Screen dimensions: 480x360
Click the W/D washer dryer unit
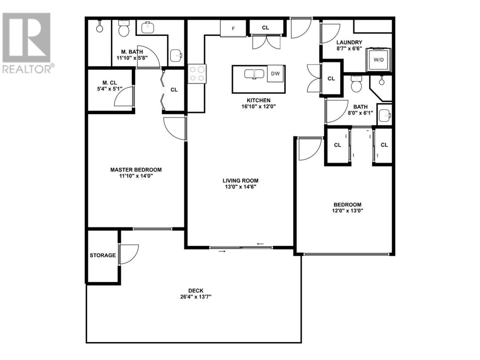click(378, 60)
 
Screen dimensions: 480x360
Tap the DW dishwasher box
click(275, 73)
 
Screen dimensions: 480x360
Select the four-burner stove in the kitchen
click(197, 73)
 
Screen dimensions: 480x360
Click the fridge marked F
click(233, 28)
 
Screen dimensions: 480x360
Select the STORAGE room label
click(102, 255)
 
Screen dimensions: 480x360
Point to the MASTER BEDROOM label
click(136, 169)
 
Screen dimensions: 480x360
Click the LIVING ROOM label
click(240, 180)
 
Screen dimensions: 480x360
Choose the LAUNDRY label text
click(349, 42)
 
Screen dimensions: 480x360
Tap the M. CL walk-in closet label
click(109, 82)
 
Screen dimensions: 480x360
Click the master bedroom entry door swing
click(175, 129)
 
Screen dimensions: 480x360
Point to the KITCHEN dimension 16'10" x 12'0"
click(258, 106)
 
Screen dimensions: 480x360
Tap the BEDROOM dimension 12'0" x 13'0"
click(348, 211)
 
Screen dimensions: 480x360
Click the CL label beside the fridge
click(265, 28)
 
